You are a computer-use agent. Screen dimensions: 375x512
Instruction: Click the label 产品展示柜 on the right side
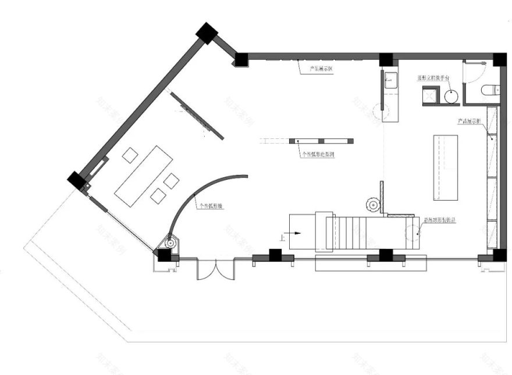click(x=470, y=122)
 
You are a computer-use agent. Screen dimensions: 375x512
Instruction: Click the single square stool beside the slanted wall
click(x=130, y=155)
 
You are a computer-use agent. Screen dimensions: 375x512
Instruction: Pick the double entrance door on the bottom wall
click(x=215, y=269)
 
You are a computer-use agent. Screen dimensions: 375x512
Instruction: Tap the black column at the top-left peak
click(x=206, y=33)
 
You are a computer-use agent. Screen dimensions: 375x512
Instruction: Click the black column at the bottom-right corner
click(x=499, y=255)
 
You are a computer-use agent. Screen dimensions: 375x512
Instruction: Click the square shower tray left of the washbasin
click(x=431, y=94)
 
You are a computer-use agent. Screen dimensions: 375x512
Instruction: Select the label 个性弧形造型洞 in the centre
click(x=318, y=155)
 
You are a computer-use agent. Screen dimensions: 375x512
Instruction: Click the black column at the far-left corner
click(x=76, y=180)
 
